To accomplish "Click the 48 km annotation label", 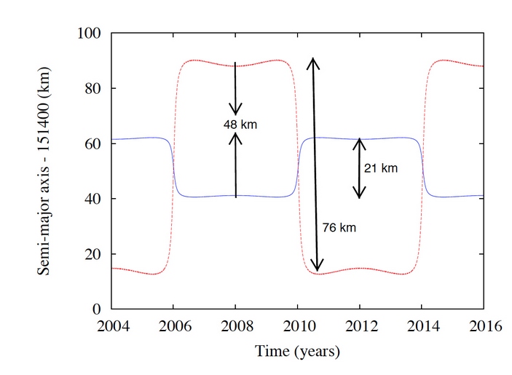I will click(x=240, y=125).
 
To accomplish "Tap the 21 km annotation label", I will click(x=380, y=168).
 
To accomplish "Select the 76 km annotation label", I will click(x=339, y=228).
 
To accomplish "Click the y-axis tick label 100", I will click(x=90, y=33).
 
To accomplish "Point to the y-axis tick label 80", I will click(x=94, y=89).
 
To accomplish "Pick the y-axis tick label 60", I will click(x=94, y=144).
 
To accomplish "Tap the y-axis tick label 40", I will click(x=94, y=199).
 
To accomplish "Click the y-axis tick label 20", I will click(x=94, y=254).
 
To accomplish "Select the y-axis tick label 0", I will click(x=98, y=309).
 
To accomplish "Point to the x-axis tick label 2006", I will click(x=173, y=326).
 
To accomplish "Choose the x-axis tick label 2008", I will click(x=235, y=326).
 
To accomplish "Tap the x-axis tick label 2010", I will click(x=297, y=326).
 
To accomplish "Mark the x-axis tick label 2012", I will click(x=359, y=326).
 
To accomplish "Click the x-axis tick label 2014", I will click(x=421, y=326).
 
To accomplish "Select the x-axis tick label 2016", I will click(x=484, y=326).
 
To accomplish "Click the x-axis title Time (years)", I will click(x=297, y=352).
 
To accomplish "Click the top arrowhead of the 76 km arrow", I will click(x=312, y=62).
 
